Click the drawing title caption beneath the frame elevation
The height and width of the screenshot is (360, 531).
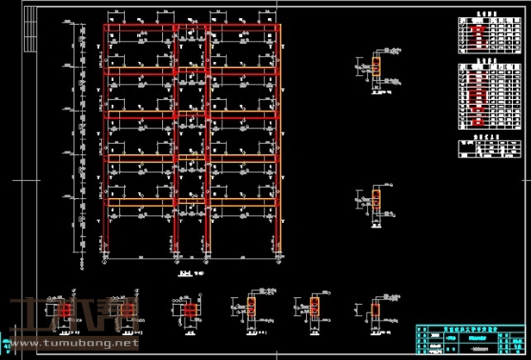coord(185,275)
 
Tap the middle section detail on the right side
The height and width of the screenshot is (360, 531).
coord(377,202)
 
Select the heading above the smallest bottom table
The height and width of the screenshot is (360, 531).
coord(488,136)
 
